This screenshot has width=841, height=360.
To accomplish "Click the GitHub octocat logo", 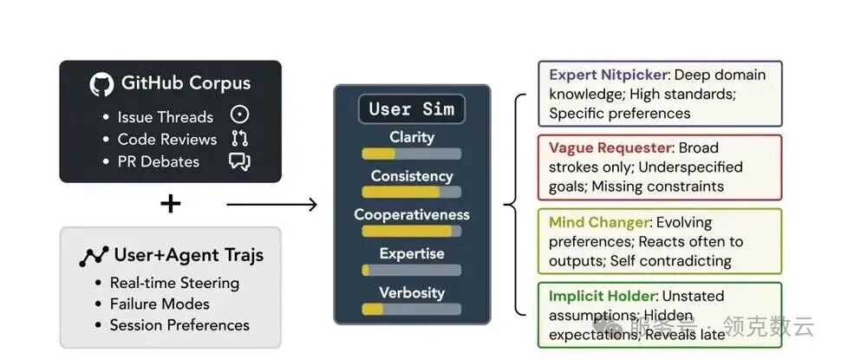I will click(x=102, y=84).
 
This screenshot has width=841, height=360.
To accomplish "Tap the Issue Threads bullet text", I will click(x=165, y=117).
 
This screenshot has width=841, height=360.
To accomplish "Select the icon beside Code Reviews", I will click(x=239, y=139).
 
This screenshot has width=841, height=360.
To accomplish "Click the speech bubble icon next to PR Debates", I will click(x=239, y=161).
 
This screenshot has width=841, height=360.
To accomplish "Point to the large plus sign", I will click(x=171, y=204).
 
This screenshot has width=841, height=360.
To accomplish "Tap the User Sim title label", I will click(x=412, y=109).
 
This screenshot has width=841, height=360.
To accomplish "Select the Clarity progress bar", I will click(x=412, y=154).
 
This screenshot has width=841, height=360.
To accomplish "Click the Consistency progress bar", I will click(x=412, y=193).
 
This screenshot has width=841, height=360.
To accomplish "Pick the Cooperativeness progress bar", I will click(x=412, y=232).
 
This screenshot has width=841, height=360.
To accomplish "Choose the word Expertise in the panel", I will click(x=412, y=253).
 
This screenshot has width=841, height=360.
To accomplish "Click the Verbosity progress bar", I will click(x=412, y=309).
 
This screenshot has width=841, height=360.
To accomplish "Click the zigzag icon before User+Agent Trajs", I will click(x=94, y=256).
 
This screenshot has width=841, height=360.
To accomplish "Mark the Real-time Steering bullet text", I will click(x=174, y=283).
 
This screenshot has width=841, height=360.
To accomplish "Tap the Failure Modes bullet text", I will click(x=160, y=304).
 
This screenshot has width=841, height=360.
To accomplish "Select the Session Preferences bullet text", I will click(x=179, y=325).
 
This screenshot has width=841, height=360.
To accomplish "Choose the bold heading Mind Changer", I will click(x=599, y=223).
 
